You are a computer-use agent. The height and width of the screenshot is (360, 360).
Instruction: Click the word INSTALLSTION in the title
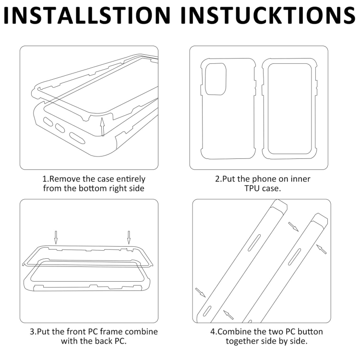click(x=87, y=15)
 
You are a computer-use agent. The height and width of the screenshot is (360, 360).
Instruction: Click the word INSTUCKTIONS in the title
click(x=268, y=15)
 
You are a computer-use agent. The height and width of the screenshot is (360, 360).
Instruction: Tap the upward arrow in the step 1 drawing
click(x=102, y=127)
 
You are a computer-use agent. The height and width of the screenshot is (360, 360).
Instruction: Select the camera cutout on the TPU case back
click(x=216, y=79)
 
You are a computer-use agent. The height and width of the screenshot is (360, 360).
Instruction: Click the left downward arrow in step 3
click(x=56, y=238)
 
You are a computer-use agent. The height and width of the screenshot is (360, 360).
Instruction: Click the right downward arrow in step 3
click(x=129, y=238)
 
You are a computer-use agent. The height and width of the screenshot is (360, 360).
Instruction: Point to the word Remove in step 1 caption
click(x=65, y=179)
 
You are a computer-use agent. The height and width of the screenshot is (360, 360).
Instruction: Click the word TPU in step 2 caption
click(x=252, y=188)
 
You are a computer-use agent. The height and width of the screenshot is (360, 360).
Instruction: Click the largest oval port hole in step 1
click(x=77, y=138)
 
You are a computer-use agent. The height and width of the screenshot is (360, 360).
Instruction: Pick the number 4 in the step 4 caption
click(x=213, y=332)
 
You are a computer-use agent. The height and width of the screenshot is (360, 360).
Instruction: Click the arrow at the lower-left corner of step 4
click(x=200, y=292)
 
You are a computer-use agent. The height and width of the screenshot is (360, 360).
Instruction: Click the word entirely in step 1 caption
click(x=131, y=180)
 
